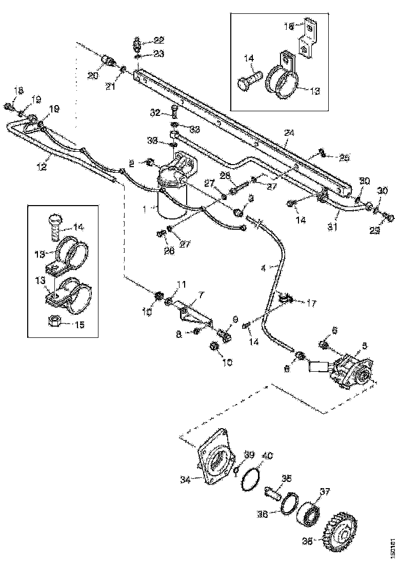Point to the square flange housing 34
coord(215,456)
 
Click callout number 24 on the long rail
coord(290,133)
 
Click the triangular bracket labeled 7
coord(195,314)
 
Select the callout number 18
coord(18,91)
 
